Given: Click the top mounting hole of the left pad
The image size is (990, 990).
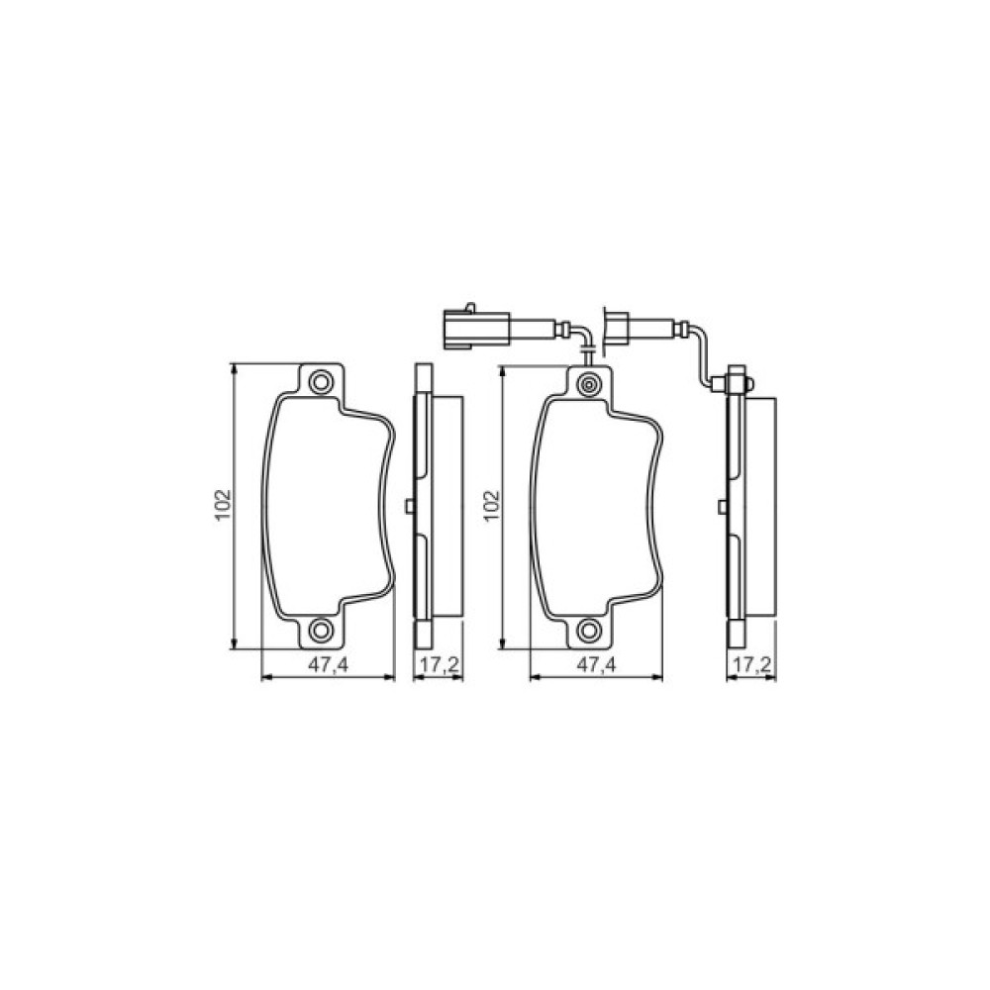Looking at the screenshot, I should (x=320, y=381).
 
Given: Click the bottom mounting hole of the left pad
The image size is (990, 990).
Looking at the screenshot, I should (x=320, y=631).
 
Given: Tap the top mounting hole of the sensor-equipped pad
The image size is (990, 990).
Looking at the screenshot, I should (x=590, y=383).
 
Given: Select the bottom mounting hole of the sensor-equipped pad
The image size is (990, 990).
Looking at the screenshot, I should (x=590, y=631).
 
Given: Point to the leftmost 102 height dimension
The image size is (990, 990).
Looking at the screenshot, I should (x=224, y=505).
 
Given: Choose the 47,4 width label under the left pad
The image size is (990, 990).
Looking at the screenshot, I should (x=327, y=666).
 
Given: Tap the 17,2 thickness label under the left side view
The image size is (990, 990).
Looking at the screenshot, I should (x=437, y=666).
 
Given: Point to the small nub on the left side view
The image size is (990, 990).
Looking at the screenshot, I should (x=408, y=506).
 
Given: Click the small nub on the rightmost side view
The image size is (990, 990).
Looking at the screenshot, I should (x=724, y=506).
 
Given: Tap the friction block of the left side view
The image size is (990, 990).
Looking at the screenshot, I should (x=447, y=506).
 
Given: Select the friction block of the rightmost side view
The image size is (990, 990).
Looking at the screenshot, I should (x=762, y=506).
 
